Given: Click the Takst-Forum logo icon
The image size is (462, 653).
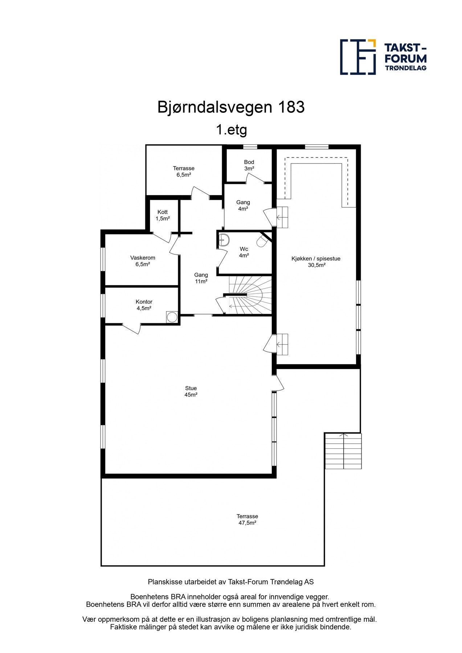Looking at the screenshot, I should (357, 57).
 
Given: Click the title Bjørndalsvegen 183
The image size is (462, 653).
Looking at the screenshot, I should (231, 107).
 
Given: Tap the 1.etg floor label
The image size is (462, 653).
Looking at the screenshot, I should (231, 130).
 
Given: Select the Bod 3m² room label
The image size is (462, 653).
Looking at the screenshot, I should (249, 165).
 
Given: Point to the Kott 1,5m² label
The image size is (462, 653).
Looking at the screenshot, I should (163, 215).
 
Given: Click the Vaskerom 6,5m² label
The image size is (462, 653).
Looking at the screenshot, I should (143, 261).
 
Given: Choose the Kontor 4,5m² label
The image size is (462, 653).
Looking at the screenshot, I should (144, 305).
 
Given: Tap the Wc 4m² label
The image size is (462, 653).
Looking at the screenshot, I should (244, 252).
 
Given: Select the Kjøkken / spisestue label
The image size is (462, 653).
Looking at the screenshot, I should (316, 262).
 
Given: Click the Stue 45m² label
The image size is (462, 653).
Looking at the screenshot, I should (191, 391).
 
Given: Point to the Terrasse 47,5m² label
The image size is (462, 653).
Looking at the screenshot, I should (247, 519).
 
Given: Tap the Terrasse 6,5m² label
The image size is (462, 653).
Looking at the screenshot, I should (184, 171).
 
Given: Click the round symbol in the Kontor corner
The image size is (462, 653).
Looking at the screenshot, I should (171, 317).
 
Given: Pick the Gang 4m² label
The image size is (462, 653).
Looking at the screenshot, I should (243, 205).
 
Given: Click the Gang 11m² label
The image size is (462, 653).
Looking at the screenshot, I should (201, 278).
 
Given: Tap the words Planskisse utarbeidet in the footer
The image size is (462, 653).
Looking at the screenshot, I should (181, 582).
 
